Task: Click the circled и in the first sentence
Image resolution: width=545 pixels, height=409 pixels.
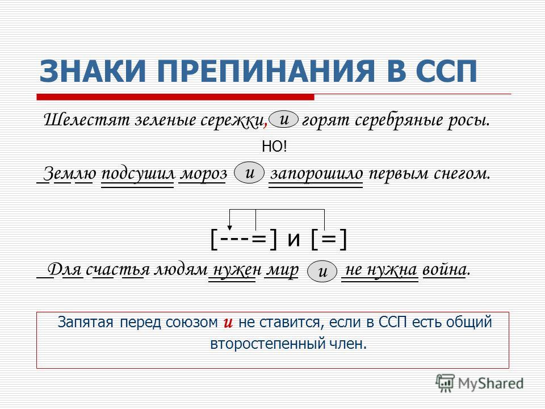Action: (284, 119)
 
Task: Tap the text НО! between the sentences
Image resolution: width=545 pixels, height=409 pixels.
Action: (275, 147)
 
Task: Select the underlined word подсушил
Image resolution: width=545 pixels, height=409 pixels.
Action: (138, 174)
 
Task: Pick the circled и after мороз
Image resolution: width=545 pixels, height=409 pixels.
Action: (249, 173)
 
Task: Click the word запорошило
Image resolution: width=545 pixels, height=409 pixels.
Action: (316, 174)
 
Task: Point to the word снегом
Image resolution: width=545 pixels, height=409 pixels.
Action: (462, 174)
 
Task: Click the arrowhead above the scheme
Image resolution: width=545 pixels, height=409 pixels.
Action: (229, 228)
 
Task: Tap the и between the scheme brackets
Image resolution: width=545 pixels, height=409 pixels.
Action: (294, 239)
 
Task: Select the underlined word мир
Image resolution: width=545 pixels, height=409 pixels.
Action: (282, 270)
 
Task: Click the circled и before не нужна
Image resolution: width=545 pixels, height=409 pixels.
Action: (322, 271)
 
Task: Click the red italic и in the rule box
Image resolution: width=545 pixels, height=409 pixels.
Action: (228, 323)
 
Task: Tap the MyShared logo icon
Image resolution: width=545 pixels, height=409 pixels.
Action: (445, 383)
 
